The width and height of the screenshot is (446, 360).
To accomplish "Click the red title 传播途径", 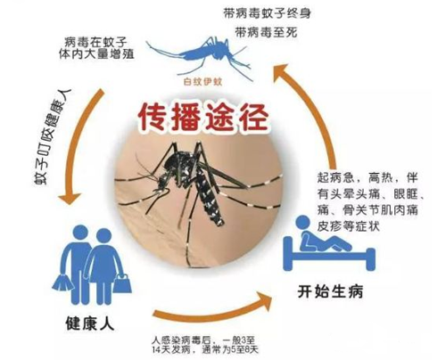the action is [x=204, y=117].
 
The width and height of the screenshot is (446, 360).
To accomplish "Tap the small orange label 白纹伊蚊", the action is [x=202, y=82].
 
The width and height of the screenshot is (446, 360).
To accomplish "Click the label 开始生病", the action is [x=330, y=291].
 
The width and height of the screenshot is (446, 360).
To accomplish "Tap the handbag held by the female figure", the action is [x=122, y=283].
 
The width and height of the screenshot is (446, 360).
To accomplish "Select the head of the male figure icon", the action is [x=80, y=233].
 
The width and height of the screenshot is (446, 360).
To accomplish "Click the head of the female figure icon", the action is [x=103, y=236].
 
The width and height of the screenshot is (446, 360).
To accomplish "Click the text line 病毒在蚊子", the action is [x=95, y=42].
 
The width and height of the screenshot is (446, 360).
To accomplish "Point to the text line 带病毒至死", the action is [x=266, y=32].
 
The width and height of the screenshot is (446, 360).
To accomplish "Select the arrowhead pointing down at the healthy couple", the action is [x=70, y=199].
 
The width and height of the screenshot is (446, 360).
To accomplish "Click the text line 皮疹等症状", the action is [x=349, y=226].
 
